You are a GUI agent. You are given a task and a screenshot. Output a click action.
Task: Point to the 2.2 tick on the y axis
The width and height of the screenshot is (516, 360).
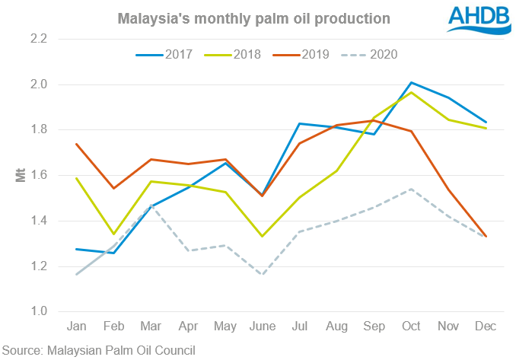click(x=38, y=39)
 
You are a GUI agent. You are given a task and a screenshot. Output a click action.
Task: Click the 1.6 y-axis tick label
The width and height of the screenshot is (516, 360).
click(x=38, y=175)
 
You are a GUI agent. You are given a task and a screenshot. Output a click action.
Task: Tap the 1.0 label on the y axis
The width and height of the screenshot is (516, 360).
click(x=38, y=312)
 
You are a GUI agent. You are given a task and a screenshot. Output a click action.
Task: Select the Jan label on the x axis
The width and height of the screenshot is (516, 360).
click(x=76, y=326)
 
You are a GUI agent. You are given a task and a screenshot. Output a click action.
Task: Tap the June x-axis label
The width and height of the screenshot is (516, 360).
click(x=262, y=326)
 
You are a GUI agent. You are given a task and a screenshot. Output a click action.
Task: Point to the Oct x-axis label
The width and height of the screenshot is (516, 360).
click(x=411, y=326)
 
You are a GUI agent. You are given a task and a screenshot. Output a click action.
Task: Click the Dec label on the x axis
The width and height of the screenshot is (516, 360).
click(x=486, y=326)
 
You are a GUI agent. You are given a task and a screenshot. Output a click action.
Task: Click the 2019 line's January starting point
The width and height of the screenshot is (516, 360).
click(x=76, y=144)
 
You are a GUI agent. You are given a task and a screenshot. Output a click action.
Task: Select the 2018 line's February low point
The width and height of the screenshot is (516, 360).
click(x=113, y=234)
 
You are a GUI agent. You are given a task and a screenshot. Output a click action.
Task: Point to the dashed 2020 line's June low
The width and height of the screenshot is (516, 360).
click(x=262, y=275)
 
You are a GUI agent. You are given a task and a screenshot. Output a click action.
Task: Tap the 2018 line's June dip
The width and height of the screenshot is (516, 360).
click(x=262, y=236)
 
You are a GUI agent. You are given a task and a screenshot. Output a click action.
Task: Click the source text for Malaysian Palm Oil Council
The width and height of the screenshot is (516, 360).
click(x=98, y=350)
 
